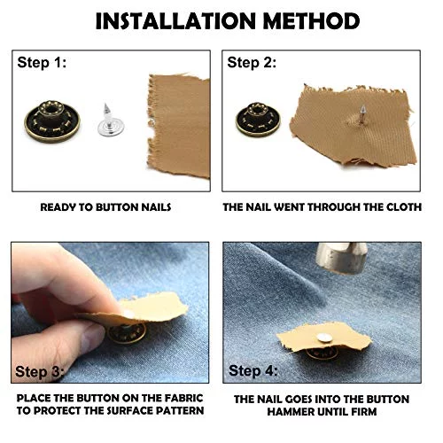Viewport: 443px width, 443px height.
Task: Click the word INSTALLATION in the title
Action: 175,21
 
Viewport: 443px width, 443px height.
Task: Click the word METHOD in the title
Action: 311,21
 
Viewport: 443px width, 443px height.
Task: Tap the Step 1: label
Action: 42,63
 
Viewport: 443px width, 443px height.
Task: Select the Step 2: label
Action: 252,63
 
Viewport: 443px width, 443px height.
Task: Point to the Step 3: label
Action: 40,371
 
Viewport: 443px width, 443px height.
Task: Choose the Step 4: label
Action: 253,370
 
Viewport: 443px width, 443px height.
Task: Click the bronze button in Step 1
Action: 52,121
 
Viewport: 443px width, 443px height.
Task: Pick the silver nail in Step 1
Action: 111,120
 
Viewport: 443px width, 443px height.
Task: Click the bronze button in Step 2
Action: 258,119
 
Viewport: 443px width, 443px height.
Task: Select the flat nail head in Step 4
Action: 323,338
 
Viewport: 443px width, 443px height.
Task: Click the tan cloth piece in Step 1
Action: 179,126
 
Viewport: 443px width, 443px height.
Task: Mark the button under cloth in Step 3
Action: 127,333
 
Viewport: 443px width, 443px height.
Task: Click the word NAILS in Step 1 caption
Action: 156,207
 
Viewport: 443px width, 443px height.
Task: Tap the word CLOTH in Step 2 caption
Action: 404,207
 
